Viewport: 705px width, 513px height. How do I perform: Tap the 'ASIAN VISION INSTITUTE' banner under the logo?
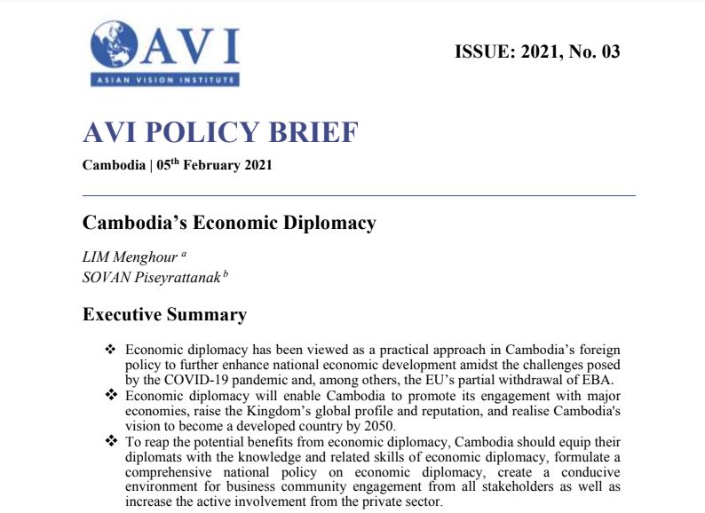(164, 81)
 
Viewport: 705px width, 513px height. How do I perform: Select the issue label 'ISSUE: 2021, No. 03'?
(536, 51)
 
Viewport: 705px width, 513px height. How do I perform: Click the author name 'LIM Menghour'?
(131, 256)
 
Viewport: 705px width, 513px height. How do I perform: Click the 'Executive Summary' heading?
(164, 314)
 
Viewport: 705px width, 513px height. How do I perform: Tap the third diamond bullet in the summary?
(111, 440)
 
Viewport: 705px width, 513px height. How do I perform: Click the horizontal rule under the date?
(359, 194)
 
